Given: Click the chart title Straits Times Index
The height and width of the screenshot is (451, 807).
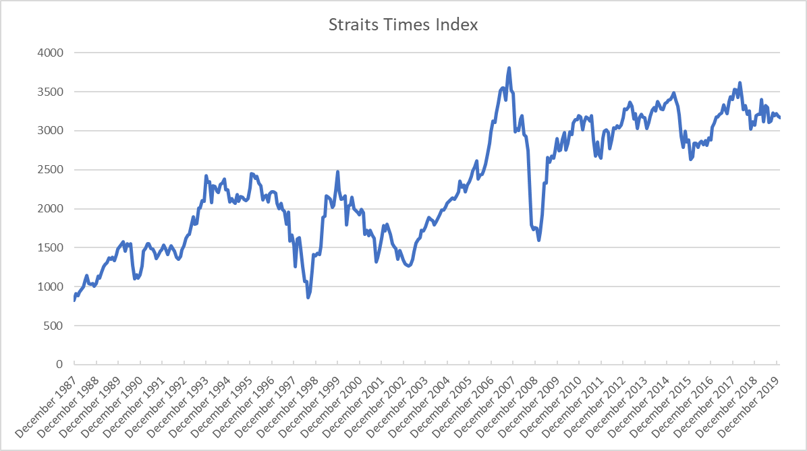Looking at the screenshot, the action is (403, 25).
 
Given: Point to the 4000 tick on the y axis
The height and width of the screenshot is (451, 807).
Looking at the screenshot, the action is (51, 53).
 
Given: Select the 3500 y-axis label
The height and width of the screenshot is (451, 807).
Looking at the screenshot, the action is (51, 92).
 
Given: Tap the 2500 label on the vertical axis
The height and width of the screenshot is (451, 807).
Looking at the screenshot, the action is (51, 170).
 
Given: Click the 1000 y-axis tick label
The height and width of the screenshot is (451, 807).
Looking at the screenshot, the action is (51, 287).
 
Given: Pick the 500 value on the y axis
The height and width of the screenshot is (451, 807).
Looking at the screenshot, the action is (53, 326).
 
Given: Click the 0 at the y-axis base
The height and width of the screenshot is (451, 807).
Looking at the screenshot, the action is (59, 364).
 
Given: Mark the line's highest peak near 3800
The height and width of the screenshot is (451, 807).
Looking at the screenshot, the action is (509, 68).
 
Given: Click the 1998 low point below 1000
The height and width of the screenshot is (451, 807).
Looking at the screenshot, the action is (308, 297).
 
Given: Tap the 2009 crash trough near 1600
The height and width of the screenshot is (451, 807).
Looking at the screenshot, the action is (539, 239).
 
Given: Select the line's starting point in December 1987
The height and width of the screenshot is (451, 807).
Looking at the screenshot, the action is (75, 300).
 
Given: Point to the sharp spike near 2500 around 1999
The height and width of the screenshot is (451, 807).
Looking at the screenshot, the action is (337, 172).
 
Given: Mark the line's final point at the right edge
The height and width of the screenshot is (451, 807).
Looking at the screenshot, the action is (779, 118).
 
